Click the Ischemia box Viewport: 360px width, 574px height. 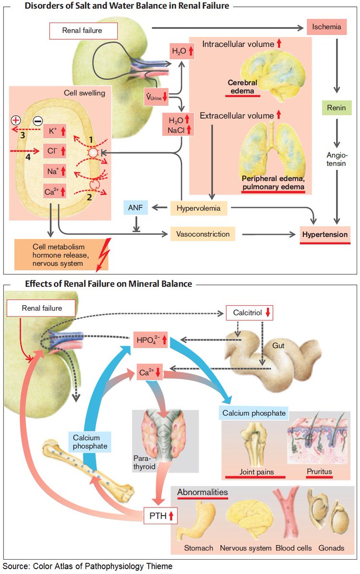(x=326, y=28)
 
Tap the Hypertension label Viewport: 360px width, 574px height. (x=325, y=235)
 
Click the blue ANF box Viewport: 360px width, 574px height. (x=136, y=207)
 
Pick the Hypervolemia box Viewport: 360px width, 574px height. (x=199, y=208)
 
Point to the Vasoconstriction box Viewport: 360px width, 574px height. (x=205, y=234)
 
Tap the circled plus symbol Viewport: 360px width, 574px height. (x=15, y=120)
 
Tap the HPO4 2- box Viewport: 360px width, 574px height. (x=150, y=340)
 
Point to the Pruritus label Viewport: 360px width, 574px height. (x=320, y=472)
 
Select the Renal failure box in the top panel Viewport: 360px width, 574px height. (x=82, y=32)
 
